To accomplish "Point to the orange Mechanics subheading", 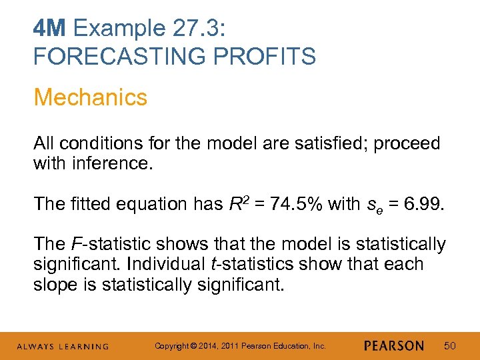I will (90, 97).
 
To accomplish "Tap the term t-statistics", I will (253, 264).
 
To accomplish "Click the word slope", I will (57, 285).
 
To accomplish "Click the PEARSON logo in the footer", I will (394, 346).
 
